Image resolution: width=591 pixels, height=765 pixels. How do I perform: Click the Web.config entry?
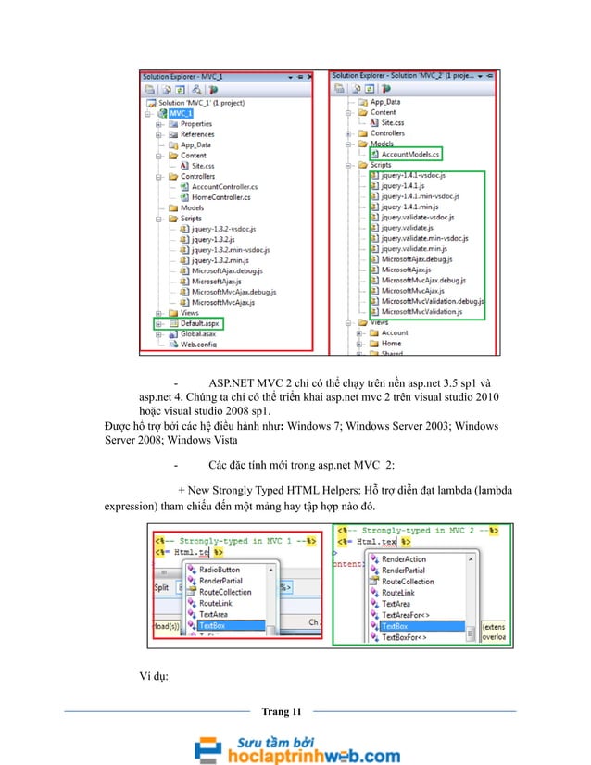[x=196, y=344]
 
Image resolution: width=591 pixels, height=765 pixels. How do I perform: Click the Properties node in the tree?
[x=195, y=123]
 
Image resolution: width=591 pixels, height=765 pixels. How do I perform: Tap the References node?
[x=197, y=134]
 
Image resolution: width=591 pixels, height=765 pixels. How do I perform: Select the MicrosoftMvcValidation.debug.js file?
[x=432, y=302]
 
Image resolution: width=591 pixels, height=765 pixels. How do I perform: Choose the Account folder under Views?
[x=395, y=332]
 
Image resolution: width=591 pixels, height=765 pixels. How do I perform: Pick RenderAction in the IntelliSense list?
[x=404, y=559]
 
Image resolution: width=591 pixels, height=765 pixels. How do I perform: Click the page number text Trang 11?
[x=282, y=710]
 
